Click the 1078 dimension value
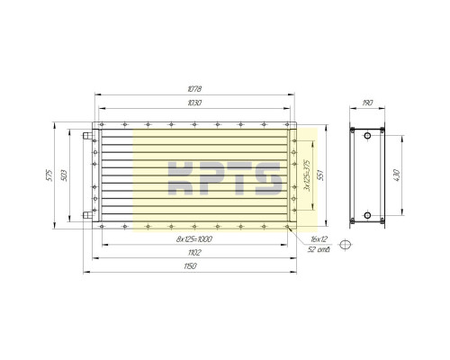(194, 89)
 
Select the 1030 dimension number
(194, 103)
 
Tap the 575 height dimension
(49, 175)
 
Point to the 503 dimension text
(64, 175)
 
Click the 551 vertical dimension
(320, 175)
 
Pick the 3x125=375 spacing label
(307, 175)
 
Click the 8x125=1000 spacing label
(194, 239)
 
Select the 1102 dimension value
(194, 253)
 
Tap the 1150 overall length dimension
(190, 266)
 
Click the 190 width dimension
(367, 103)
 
